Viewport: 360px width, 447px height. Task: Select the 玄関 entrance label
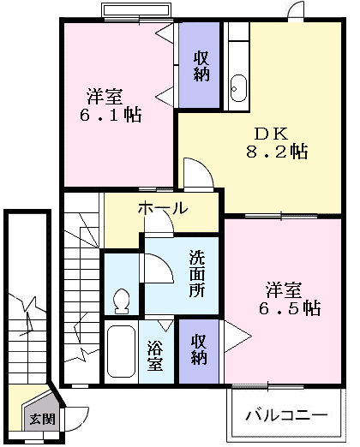click(x=41, y=419)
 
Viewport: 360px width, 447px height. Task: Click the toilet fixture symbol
click(x=122, y=301)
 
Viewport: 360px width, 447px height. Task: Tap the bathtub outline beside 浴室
click(x=120, y=351)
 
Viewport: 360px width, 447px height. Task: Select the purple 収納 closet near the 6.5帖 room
click(x=199, y=349)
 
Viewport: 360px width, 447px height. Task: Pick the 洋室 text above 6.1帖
click(x=106, y=93)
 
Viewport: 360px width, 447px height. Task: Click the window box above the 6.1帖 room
click(x=132, y=11)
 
